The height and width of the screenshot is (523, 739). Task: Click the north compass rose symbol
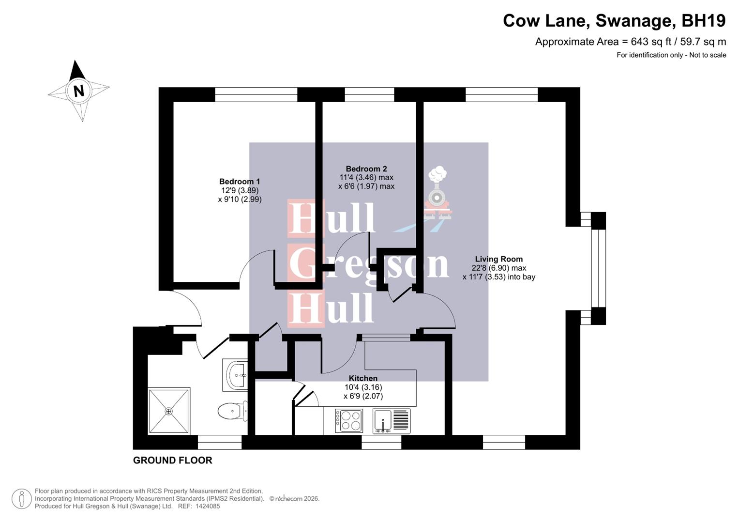(78, 91)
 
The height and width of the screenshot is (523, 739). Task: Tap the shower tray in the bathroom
(169, 411)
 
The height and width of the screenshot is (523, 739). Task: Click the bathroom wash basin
(236, 375)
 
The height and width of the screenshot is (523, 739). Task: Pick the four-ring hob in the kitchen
(348, 420)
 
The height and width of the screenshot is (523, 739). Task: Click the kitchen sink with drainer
(392, 420)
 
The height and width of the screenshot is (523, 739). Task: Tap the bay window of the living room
(598, 268)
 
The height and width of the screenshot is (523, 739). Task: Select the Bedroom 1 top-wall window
(256, 94)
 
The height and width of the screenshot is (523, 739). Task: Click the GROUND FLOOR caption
(173, 461)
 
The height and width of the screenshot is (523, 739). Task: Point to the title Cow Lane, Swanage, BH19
(614, 21)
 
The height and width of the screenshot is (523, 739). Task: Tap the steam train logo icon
(438, 194)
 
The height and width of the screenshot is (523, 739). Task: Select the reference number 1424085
(207, 507)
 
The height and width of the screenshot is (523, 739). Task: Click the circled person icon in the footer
(21, 499)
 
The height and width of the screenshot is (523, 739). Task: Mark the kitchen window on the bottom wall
(381, 442)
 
